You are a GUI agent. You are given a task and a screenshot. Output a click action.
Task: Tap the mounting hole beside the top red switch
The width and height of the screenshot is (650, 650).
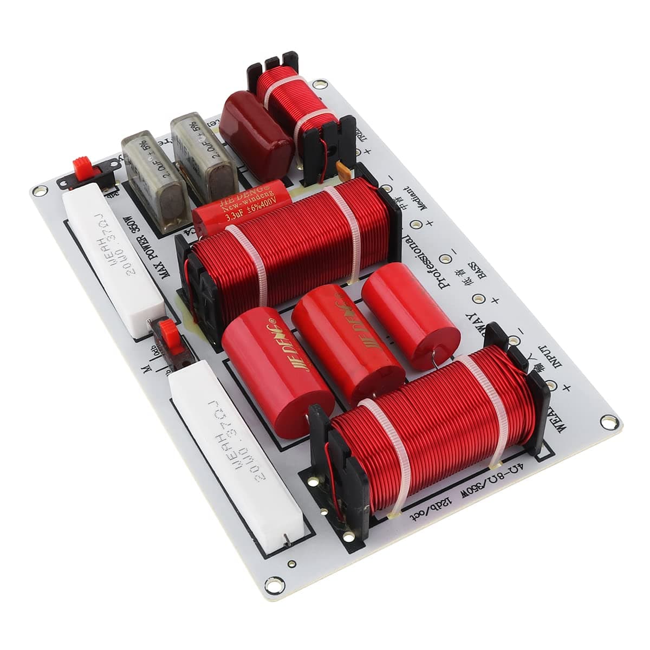click(39, 191)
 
